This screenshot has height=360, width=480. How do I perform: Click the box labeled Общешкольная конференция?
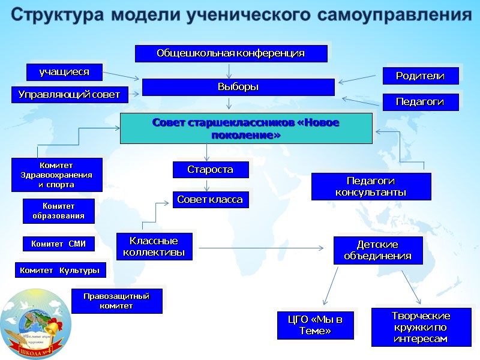pyautogui.click(x=231, y=53)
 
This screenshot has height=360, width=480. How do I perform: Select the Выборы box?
pyautogui.click(x=238, y=87)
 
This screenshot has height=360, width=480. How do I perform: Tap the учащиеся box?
pyautogui.click(x=64, y=72)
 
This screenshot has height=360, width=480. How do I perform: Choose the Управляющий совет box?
pyautogui.click(x=70, y=94)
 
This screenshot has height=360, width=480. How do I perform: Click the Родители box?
pyautogui.click(x=421, y=76)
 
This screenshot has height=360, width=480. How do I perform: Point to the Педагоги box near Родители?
pyautogui.click(x=421, y=102)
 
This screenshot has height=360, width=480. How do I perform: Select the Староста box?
pyautogui.click(x=211, y=170)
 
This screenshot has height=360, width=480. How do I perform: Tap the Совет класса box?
pyautogui.click(x=211, y=199)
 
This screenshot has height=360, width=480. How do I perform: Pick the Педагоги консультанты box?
pyautogui.click(x=371, y=187)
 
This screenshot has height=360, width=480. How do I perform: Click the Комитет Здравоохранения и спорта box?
pyautogui.click(x=57, y=175)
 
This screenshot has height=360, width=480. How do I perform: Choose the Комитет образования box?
pyautogui.click(x=59, y=211)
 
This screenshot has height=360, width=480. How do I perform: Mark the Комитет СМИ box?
pyautogui.click(x=59, y=244)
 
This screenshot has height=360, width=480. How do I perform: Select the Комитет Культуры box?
pyautogui.click(x=60, y=271)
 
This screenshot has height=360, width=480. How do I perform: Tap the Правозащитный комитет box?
pyautogui.click(x=116, y=301)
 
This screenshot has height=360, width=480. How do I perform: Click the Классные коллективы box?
pyautogui.click(x=154, y=247)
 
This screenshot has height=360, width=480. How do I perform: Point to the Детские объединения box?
pyautogui.click(x=378, y=250)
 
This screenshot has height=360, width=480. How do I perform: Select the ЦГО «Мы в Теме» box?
pyautogui.click(x=316, y=325)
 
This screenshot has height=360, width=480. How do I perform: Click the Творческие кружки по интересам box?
pyautogui.click(x=421, y=328)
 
